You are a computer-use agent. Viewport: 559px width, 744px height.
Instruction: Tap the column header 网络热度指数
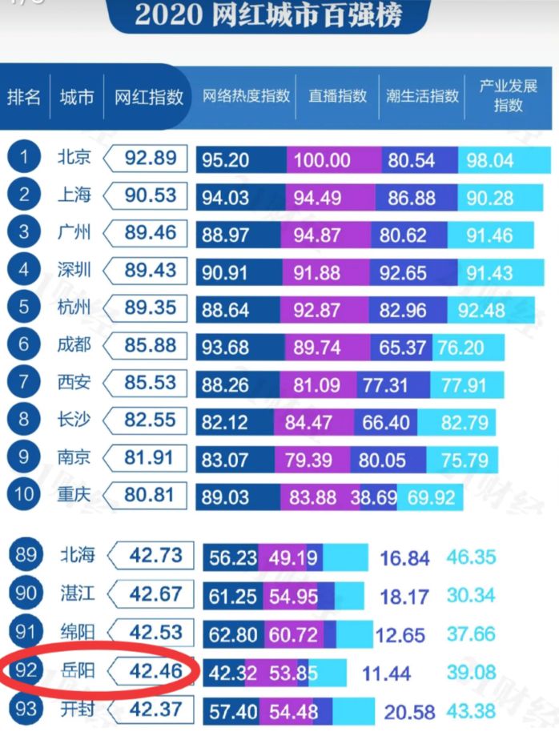point(246,97)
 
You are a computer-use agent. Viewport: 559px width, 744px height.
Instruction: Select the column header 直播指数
point(337,97)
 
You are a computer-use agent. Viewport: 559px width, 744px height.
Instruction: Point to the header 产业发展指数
point(508,96)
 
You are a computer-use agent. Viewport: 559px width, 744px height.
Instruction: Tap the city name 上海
point(74,195)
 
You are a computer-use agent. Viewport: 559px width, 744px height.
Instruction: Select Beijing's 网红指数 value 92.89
point(150,159)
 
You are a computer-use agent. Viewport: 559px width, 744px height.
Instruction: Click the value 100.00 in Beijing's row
point(321,160)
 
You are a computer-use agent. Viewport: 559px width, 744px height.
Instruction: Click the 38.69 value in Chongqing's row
point(373,497)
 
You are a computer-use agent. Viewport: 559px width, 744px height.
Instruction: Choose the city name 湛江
point(77,594)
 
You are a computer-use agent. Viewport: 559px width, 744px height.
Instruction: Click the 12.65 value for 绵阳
point(400,634)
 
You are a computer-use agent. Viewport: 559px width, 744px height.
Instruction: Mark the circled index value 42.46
point(156,670)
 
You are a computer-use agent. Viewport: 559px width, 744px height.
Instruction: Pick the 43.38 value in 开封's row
point(472,710)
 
